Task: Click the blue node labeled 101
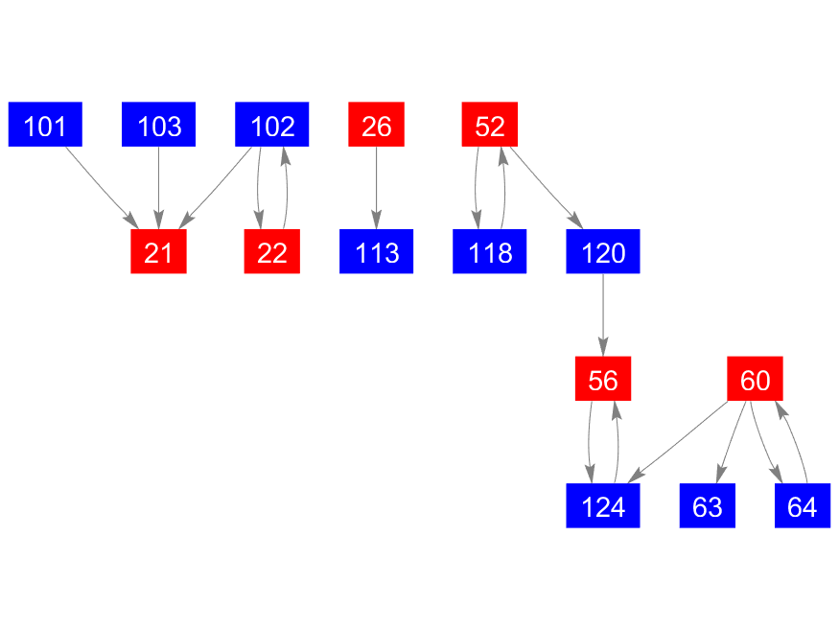(45, 125)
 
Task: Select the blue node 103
(158, 125)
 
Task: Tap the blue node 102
(271, 125)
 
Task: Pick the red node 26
(376, 125)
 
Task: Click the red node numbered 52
(489, 125)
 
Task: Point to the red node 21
(158, 252)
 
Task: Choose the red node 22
(271, 252)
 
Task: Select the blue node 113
(376, 252)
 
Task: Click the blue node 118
(489, 252)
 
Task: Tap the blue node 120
(602, 252)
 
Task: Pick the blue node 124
(602, 506)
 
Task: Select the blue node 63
(707, 506)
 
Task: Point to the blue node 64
(802, 506)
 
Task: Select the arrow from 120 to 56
(602, 315)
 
